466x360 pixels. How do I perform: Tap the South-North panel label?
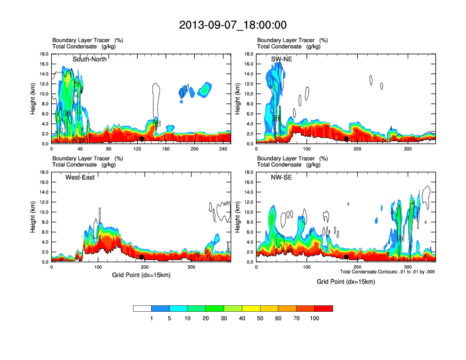(x=89, y=59)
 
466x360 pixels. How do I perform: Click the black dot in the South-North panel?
(x=142, y=139)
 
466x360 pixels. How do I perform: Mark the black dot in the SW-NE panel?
(x=347, y=139)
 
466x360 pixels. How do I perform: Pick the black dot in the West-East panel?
(x=142, y=257)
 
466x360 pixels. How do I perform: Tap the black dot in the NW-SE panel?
(x=347, y=257)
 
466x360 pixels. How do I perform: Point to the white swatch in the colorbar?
(x=142, y=308)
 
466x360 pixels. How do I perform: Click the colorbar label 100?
(x=315, y=318)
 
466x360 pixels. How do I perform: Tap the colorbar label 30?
(x=224, y=318)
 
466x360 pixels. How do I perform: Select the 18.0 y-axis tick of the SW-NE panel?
(x=250, y=54)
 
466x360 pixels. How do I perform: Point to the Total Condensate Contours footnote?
(x=387, y=272)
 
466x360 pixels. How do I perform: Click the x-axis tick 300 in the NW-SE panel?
(x=407, y=266)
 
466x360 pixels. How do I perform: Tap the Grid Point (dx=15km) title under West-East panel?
(x=141, y=275)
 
